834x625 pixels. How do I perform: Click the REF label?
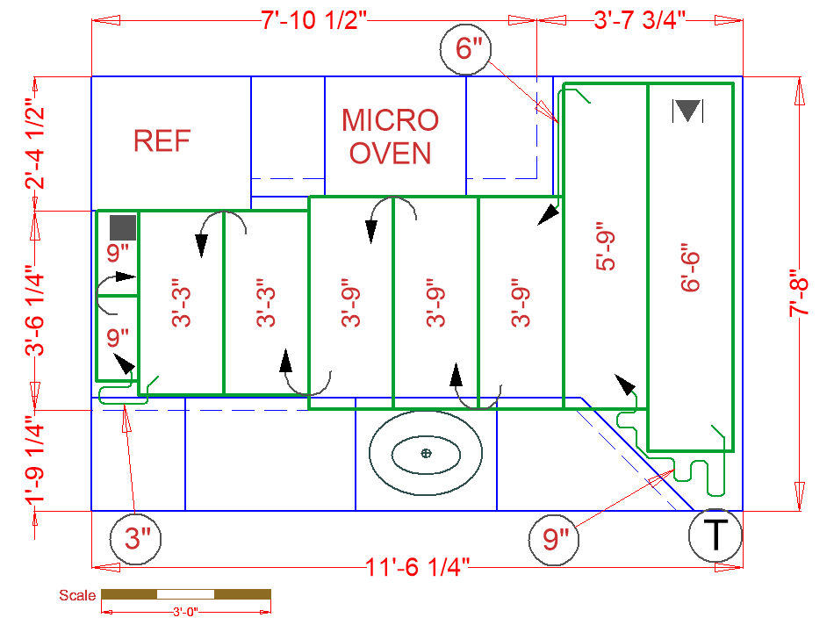pos(162,140)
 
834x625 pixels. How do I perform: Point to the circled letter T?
pos(715,535)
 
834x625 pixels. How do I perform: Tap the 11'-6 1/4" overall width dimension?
pos(418,568)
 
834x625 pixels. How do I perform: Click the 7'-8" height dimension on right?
pos(800,294)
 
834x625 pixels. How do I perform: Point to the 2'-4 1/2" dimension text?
pos(34,144)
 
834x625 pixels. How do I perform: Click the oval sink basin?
pos(426,453)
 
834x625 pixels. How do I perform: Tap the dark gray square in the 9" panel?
pos(122,227)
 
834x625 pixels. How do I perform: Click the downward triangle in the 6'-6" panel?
pos(688,111)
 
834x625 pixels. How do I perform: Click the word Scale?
pos(77,595)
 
